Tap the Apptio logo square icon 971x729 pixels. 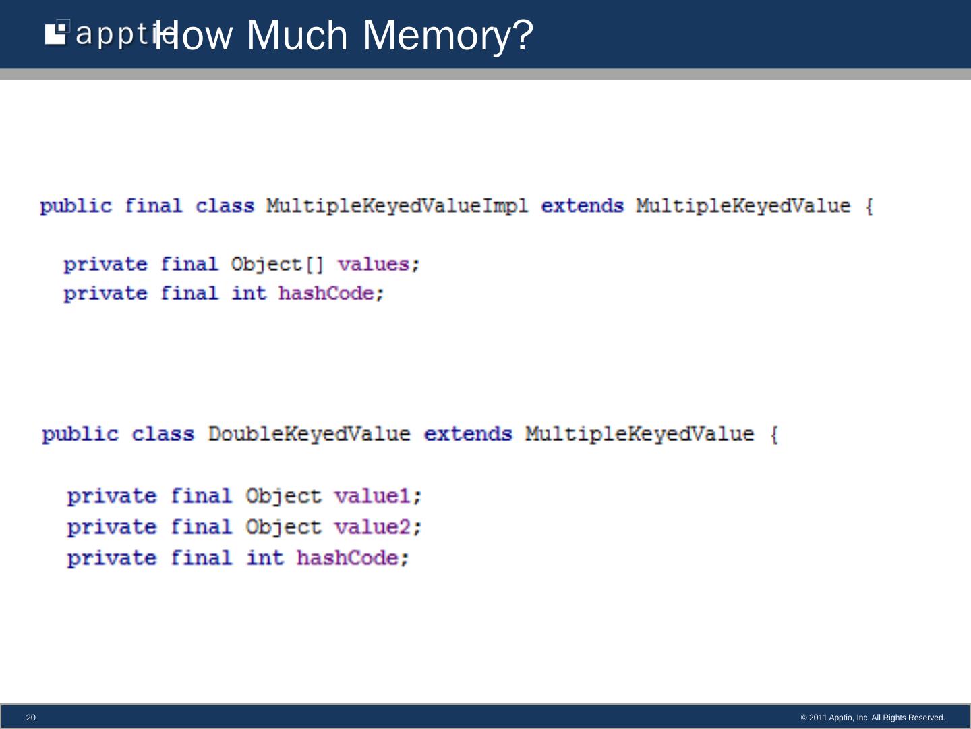[57, 33]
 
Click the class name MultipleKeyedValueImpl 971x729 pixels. [396, 206]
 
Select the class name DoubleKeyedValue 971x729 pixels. [309, 434]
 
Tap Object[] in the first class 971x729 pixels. [276, 264]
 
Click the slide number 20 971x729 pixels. [30, 718]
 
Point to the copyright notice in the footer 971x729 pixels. [873, 718]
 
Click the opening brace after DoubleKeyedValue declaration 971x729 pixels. [774, 435]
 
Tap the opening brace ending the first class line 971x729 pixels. [869, 207]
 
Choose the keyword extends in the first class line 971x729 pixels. [582, 206]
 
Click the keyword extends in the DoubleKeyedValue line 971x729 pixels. [467, 434]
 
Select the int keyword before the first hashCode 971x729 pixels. [249, 294]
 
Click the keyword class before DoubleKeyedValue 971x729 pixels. [163, 434]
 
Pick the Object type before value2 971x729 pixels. [283, 527]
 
